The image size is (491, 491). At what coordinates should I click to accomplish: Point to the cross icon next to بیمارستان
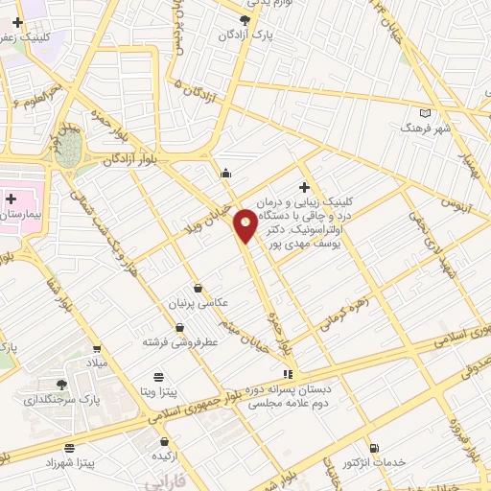coord(12,199)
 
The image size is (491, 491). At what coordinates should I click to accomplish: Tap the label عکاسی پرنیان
coord(200,302)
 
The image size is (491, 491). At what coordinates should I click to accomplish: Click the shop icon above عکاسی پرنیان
coord(198,288)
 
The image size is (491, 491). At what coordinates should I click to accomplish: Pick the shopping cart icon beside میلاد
coord(97,350)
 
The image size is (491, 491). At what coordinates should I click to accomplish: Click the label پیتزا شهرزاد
coord(69,462)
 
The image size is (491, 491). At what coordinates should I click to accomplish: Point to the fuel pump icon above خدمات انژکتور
coord(373,447)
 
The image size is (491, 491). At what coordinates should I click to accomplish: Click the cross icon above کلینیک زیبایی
coord(304,187)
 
